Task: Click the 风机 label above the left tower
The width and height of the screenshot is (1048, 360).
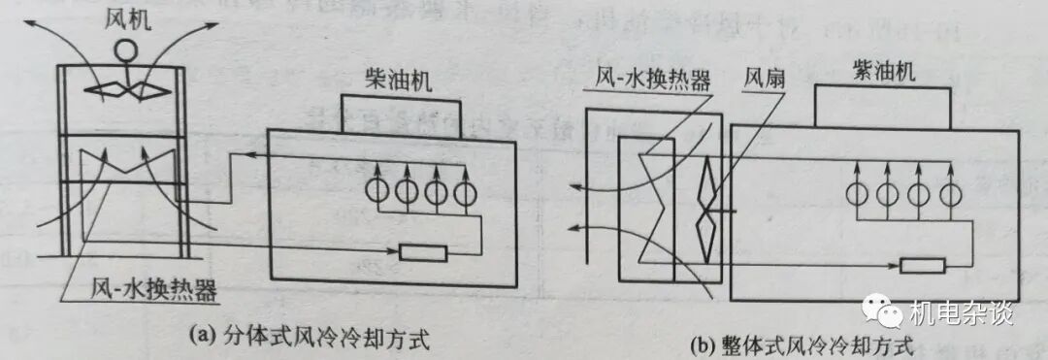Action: click(x=124, y=19)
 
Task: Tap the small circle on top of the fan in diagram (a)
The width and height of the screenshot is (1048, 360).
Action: click(x=123, y=49)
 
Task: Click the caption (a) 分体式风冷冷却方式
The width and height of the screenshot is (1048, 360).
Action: click(x=311, y=337)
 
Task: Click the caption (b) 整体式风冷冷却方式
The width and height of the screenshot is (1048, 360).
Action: click(x=801, y=344)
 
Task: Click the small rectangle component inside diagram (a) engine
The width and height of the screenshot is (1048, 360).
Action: click(x=424, y=254)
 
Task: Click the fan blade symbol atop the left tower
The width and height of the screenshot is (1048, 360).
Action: click(x=123, y=89)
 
